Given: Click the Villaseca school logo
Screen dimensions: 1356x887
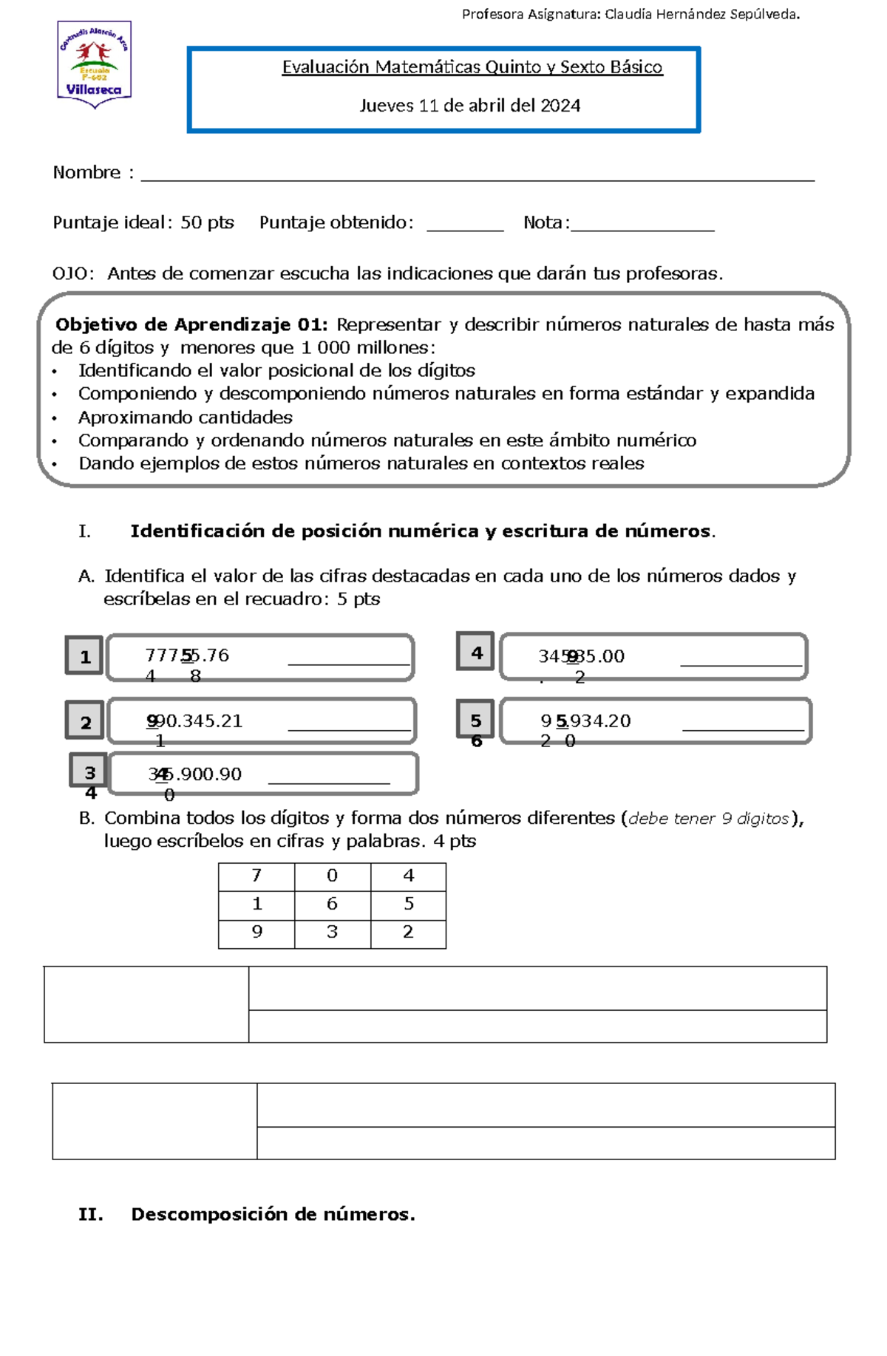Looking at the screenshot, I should [x=94, y=65].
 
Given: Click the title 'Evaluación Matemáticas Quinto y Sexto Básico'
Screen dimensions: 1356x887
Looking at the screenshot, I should [x=472, y=67].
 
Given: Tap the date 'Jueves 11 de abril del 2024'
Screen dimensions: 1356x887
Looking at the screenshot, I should [x=469, y=106].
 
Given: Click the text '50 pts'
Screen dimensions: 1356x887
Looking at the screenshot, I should [x=207, y=222].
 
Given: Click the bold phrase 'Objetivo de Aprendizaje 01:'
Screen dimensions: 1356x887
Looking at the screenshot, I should [x=191, y=324].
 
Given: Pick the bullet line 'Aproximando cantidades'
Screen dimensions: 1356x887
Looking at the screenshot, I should [x=185, y=418].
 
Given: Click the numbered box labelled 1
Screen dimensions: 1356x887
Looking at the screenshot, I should [x=84, y=655].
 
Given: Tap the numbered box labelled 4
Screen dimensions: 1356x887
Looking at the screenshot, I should [x=475, y=652].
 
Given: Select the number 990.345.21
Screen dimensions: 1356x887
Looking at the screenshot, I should [x=194, y=721].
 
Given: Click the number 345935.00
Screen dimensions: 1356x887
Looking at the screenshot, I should [x=581, y=656].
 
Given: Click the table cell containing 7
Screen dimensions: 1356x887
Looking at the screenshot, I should [x=256, y=876].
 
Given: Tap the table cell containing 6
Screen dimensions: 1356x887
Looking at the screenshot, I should [x=332, y=904].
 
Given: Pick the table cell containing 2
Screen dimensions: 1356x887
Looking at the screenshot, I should [x=408, y=933].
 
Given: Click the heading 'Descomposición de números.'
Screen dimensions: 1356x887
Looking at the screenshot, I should [x=273, y=1214].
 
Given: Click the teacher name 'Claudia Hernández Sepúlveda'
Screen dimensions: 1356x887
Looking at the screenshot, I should [x=701, y=14].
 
